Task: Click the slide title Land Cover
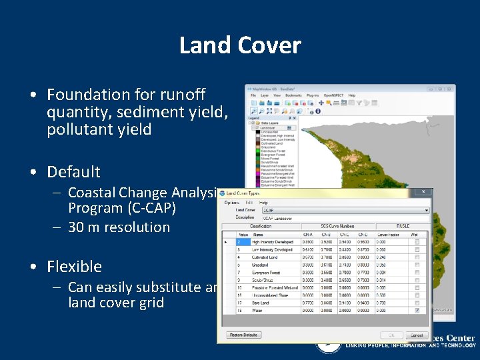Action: coord(240,45)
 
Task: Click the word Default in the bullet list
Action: coord(73,172)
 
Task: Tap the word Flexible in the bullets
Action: coord(74,267)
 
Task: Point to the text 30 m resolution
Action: coord(119,227)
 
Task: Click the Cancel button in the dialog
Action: coord(417,335)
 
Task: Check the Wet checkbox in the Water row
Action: coord(417,309)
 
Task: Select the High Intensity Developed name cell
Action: coord(272,242)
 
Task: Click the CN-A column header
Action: coord(307,235)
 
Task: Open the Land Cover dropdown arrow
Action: coord(426,211)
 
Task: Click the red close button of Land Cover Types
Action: coord(423,192)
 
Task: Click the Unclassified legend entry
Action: coord(270,132)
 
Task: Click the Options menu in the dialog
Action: coord(232,203)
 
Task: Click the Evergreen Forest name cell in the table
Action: coord(267,272)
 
